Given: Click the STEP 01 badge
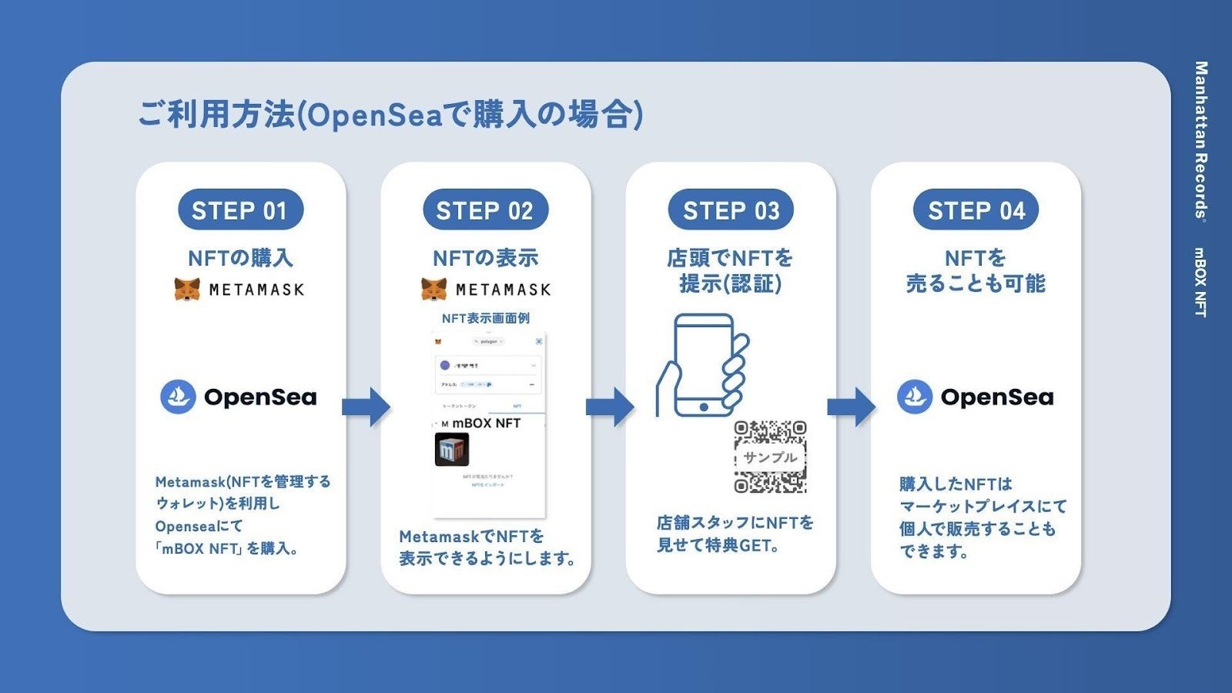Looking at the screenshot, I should pyautogui.click(x=239, y=210).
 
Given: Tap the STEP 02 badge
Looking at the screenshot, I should pyautogui.click(x=485, y=210).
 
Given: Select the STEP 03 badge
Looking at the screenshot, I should pyautogui.click(x=731, y=210).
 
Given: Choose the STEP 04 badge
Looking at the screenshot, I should pyautogui.click(x=976, y=210).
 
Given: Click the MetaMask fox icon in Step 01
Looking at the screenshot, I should pyautogui.click(x=187, y=290).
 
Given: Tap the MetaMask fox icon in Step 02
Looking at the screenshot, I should pyautogui.click(x=434, y=290).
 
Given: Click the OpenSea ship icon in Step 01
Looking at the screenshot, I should pyautogui.click(x=178, y=397).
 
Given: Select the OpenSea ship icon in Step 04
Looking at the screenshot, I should pyautogui.click(x=915, y=397).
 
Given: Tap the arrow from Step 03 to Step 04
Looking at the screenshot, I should pyautogui.click(x=851, y=407).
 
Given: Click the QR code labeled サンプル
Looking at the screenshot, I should pyautogui.click(x=770, y=457).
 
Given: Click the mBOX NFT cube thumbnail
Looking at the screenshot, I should pyautogui.click(x=452, y=450).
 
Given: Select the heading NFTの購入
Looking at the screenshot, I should pyautogui.click(x=240, y=258).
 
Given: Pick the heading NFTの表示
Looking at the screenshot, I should pyautogui.click(x=485, y=258).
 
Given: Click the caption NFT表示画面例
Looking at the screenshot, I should pyautogui.click(x=485, y=318).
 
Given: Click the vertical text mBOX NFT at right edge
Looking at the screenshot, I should pyautogui.click(x=1200, y=282).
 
